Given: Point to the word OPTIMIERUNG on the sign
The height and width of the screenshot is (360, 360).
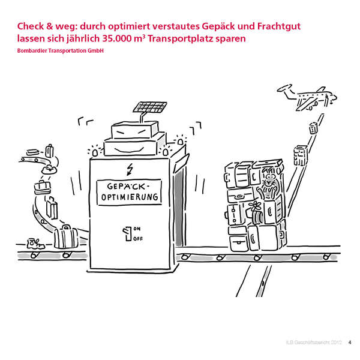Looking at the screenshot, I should (130, 197).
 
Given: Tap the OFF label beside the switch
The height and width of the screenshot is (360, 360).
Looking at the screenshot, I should (137, 238).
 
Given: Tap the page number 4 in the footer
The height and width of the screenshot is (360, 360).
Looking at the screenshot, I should (350, 343).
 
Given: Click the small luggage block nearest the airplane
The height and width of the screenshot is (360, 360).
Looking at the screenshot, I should (312, 127).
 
